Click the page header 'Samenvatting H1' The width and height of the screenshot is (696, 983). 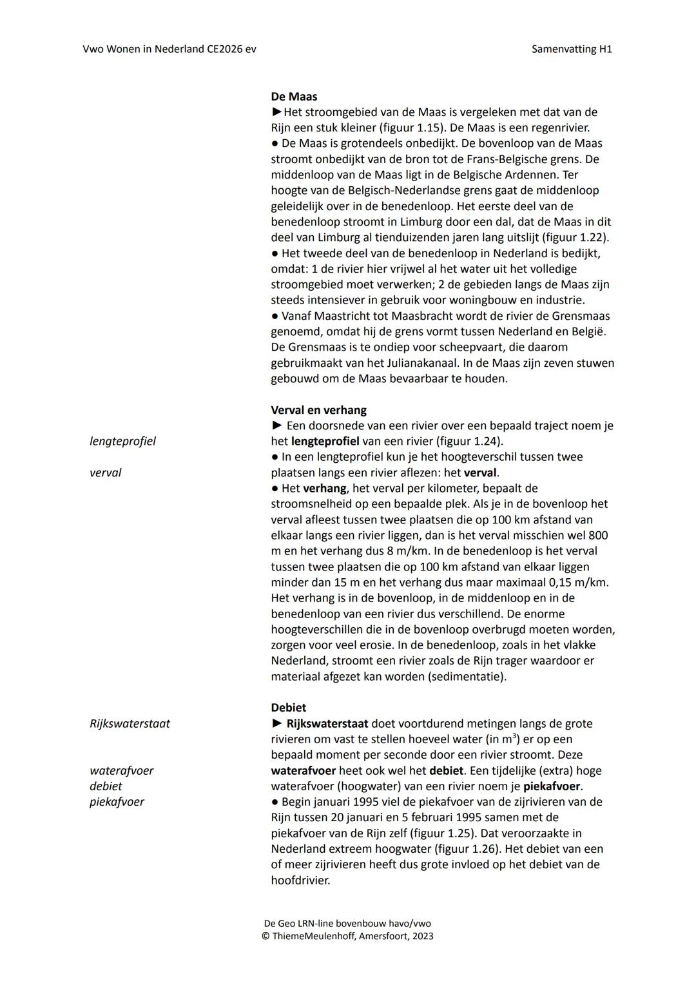(572, 49)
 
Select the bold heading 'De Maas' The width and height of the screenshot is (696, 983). (294, 97)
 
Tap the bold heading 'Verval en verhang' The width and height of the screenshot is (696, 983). (318, 410)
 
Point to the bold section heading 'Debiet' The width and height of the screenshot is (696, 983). (288, 708)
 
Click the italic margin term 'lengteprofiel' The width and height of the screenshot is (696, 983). (122, 442)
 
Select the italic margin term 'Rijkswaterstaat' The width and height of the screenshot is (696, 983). (130, 723)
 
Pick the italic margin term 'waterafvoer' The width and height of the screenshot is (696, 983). (121, 770)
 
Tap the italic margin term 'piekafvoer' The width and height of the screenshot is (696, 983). (117, 802)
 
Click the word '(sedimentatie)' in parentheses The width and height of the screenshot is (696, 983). (470, 677)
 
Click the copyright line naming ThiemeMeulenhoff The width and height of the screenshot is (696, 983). (347, 936)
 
